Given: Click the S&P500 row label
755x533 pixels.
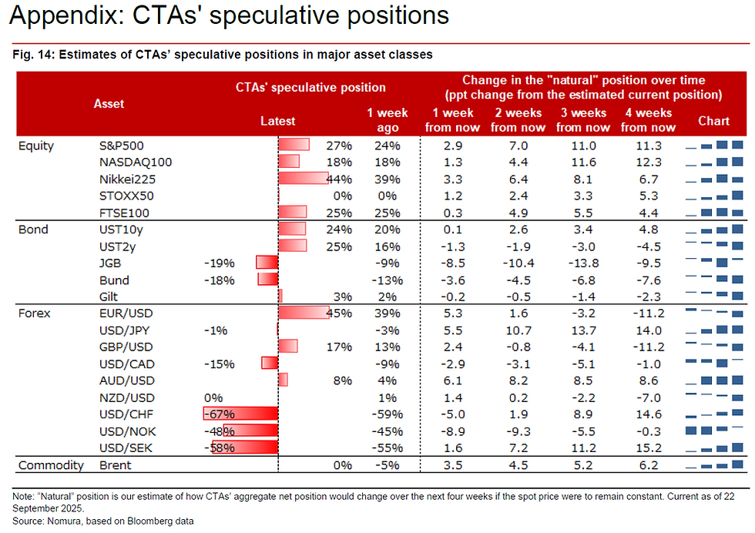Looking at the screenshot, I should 121,145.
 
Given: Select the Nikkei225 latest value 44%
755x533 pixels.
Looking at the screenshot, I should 339,179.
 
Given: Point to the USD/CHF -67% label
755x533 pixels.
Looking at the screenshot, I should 220,414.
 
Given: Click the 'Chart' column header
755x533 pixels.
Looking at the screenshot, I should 713,121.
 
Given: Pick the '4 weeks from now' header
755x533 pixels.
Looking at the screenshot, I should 649,120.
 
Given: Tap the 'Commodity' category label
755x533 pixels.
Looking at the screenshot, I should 51,465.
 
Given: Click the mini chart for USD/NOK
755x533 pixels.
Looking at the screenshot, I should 713,431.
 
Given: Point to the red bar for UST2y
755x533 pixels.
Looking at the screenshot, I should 292,246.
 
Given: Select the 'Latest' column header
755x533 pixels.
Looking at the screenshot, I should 277,121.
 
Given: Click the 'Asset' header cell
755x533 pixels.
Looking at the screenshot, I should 109,103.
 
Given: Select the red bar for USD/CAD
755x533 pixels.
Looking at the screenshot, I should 269,364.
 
